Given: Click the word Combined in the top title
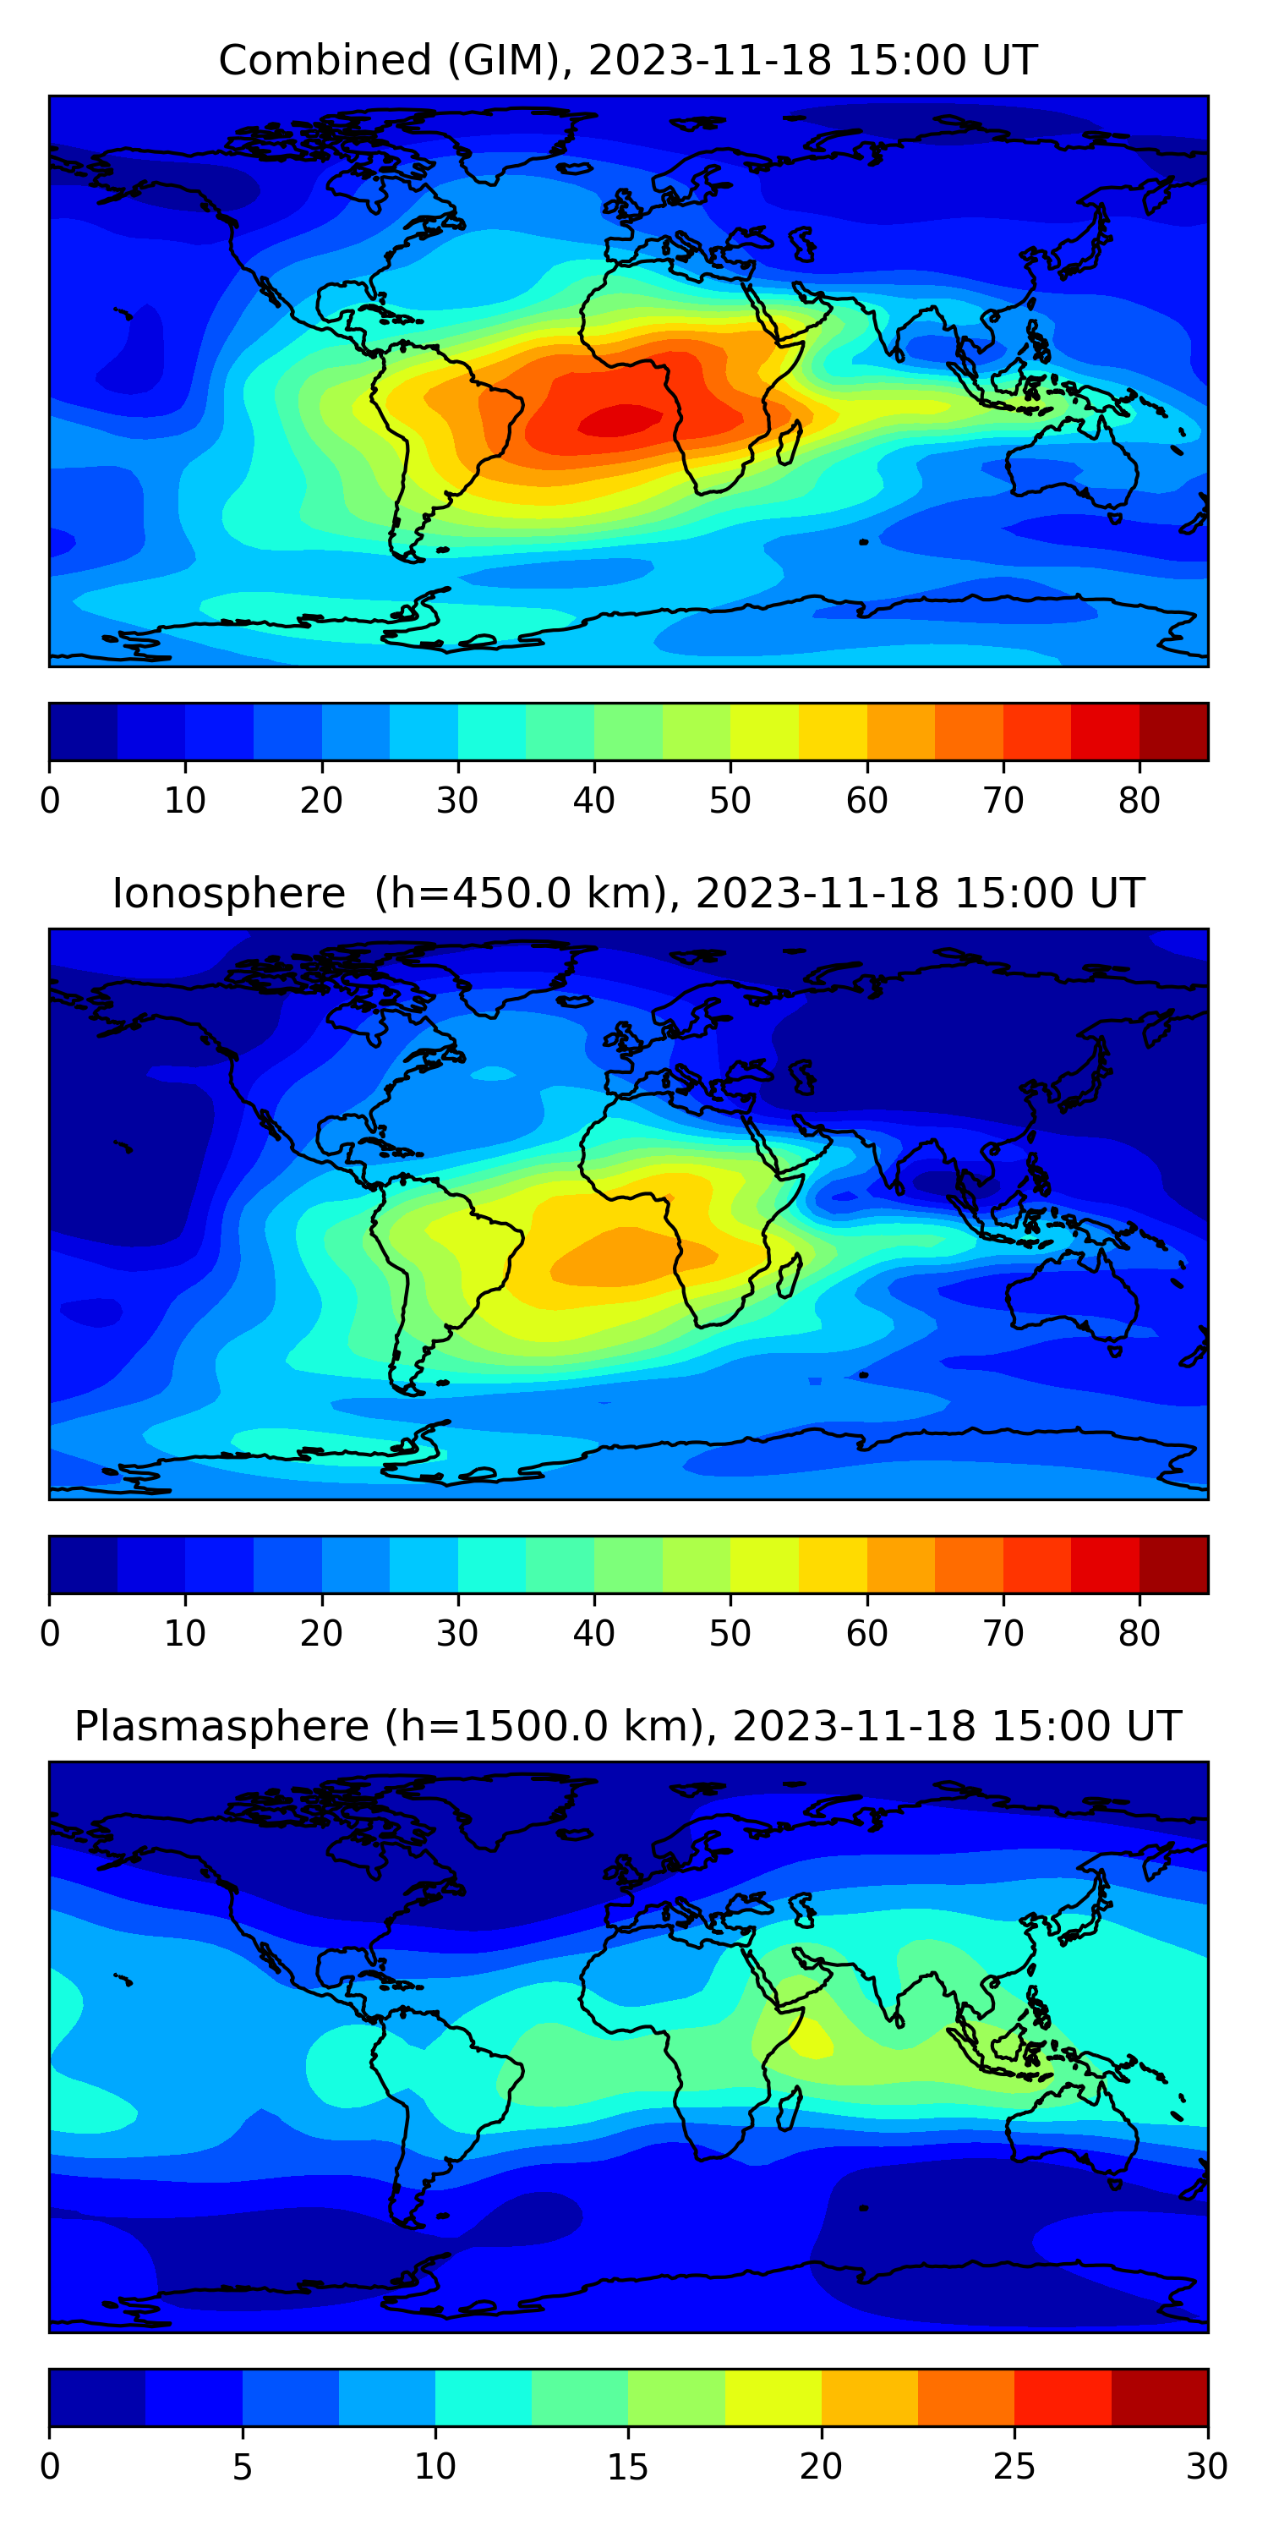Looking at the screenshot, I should (x=325, y=61).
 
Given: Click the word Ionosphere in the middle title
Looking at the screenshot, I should (x=228, y=894).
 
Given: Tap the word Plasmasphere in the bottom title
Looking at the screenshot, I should (x=221, y=1727).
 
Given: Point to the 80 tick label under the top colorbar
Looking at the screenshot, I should (x=1139, y=801).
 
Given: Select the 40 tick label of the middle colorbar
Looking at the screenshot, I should (x=593, y=1633).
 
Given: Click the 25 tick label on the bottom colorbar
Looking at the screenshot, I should (x=1014, y=2466).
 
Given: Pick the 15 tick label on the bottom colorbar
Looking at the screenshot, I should (x=628, y=2466).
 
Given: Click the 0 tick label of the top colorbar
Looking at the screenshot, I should (x=50, y=801).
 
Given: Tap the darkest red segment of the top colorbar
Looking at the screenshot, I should (x=1173, y=732).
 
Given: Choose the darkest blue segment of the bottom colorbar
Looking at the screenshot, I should (x=96, y=2397).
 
